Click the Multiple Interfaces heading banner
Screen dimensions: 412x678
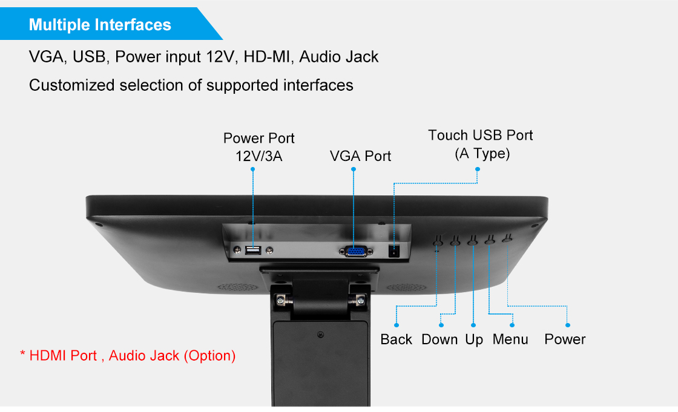(100, 25)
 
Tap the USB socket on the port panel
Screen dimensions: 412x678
(252, 249)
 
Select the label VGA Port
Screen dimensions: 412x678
(360, 156)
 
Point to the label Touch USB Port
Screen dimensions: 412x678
(481, 135)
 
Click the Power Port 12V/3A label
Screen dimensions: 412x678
(259, 147)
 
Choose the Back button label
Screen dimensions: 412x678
(397, 339)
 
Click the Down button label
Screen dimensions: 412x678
(439, 339)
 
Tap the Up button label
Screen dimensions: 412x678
(474, 339)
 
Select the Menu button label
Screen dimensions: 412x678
(510, 339)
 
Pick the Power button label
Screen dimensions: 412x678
(565, 339)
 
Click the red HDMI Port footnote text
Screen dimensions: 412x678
(128, 355)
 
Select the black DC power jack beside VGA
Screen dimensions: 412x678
(395, 251)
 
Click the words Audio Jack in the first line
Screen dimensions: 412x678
(339, 57)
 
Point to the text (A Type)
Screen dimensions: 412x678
(482, 154)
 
